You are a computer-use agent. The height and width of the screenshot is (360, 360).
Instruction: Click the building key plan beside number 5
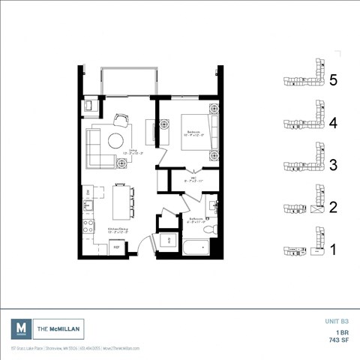click(303, 78)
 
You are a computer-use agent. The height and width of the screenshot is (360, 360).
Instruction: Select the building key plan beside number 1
click(303, 248)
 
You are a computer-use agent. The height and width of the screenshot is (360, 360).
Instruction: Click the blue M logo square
click(21, 328)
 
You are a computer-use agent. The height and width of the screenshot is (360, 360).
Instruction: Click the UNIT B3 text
click(334, 320)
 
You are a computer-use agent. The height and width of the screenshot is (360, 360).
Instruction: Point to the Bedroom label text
click(194, 132)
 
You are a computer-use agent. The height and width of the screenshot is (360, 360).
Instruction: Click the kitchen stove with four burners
click(88, 226)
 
